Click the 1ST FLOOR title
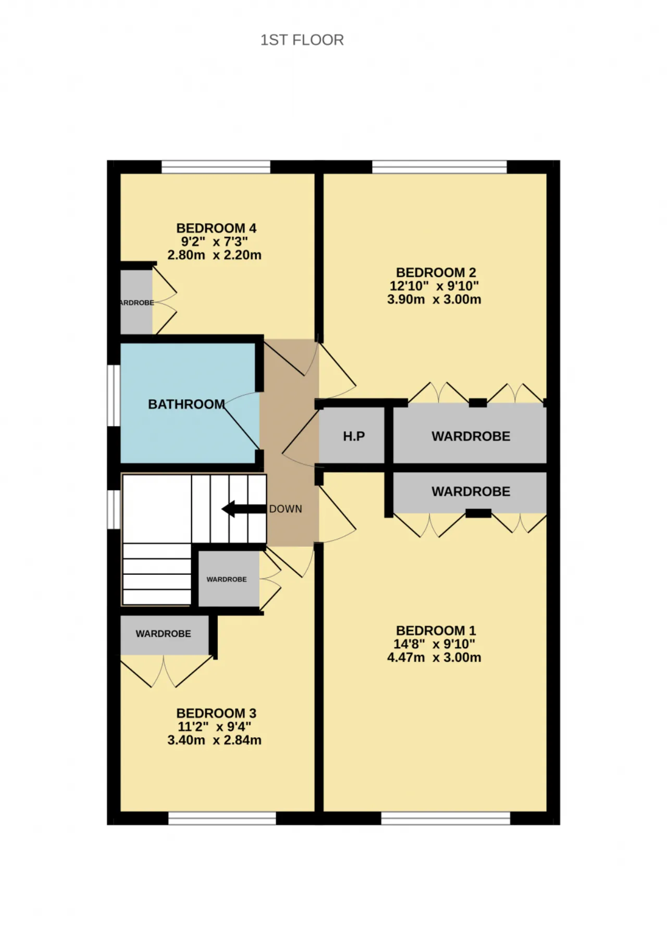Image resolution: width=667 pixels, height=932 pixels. [x=302, y=40]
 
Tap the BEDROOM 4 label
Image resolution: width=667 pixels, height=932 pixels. [x=216, y=228]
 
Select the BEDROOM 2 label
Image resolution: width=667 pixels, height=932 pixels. [x=436, y=272]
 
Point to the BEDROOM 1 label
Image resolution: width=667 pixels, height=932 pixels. [x=436, y=631]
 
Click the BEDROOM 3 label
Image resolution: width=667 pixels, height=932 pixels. [x=216, y=713]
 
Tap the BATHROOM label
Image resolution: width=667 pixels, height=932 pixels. [x=187, y=404]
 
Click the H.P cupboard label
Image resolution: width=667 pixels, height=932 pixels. [x=354, y=436]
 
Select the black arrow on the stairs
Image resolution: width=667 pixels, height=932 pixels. [x=244, y=509]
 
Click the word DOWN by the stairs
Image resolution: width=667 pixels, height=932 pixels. [x=286, y=509]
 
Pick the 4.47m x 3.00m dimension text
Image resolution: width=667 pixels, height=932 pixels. [x=434, y=658]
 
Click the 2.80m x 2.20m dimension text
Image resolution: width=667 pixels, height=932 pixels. [x=214, y=255]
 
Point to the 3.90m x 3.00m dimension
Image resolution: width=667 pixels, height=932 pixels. [x=434, y=299]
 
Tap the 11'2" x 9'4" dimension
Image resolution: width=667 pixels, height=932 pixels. [x=214, y=727]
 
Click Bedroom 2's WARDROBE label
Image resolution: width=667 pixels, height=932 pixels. [x=471, y=436]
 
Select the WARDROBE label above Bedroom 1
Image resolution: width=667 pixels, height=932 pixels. [x=471, y=492]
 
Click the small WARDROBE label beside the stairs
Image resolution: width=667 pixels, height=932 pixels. [x=227, y=579]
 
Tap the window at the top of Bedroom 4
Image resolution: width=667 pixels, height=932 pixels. [x=216, y=167]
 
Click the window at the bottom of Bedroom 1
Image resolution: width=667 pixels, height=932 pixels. [x=446, y=818]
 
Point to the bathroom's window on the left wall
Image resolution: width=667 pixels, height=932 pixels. [x=114, y=396]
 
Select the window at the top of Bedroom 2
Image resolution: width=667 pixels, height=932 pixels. [x=439, y=167]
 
